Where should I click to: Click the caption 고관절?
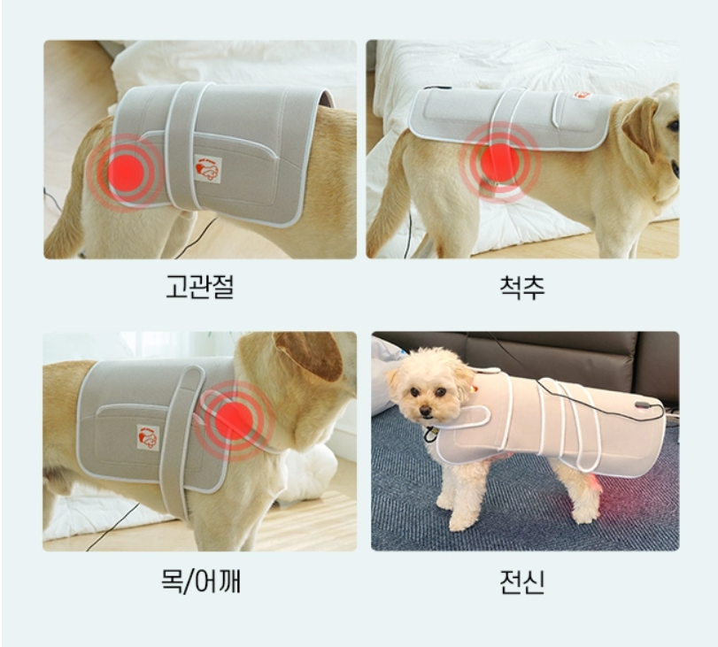pyautogui.click(x=199, y=286)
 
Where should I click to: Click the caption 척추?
pyautogui.click(x=521, y=286)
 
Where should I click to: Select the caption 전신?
pyautogui.click(x=521, y=582)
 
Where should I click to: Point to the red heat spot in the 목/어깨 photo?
pyautogui.click(x=235, y=420)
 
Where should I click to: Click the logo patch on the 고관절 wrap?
pyautogui.click(x=207, y=168)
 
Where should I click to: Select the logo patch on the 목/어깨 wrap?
pyautogui.click(x=148, y=436)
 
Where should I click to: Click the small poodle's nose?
pyautogui.click(x=427, y=411)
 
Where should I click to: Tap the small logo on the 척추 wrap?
pyautogui.click(x=582, y=95)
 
